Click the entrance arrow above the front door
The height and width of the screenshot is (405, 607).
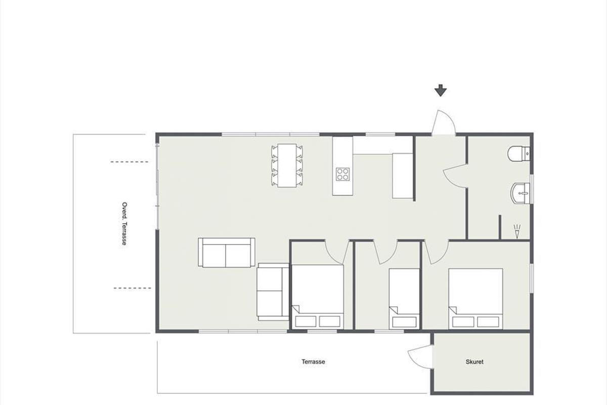(x=441, y=91)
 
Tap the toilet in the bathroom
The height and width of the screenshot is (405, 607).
(x=518, y=154)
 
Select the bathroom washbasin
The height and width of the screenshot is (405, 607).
(x=521, y=193)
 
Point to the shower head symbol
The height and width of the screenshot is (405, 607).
(x=517, y=231)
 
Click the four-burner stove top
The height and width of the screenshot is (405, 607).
(x=343, y=174)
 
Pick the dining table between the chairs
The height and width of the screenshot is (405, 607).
(x=287, y=165)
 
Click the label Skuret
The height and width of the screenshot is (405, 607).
(x=474, y=361)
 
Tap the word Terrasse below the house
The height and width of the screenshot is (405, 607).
(x=313, y=361)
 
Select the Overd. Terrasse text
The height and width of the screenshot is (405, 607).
(x=124, y=224)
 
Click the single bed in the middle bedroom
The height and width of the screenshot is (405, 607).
(x=404, y=299)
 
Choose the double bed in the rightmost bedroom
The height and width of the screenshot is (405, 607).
(x=475, y=299)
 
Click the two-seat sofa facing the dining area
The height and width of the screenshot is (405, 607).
(x=227, y=253)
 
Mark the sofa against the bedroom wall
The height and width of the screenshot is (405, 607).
(x=273, y=292)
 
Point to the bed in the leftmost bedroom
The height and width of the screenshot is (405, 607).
(x=318, y=297)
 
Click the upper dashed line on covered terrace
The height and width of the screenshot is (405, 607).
(x=129, y=162)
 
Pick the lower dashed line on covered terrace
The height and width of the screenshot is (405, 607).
(x=132, y=288)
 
